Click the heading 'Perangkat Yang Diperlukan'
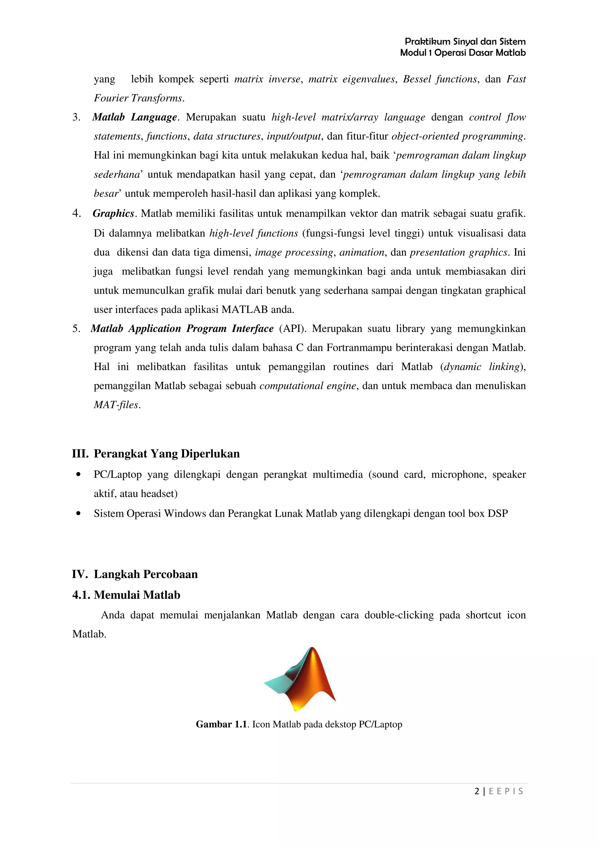(166, 454)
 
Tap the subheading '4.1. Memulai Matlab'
(126, 595)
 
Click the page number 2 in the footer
(477, 791)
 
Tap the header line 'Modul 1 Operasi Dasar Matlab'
(463, 53)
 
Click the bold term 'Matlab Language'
(135, 117)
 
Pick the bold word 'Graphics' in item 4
(113, 213)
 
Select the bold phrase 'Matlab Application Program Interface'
(182, 328)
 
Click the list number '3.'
(76, 117)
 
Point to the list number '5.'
(76, 328)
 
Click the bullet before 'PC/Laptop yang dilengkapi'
(78, 475)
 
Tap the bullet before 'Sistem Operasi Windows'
(78, 514)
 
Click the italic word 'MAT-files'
(117, 405)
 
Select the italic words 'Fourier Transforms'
(138, 98)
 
